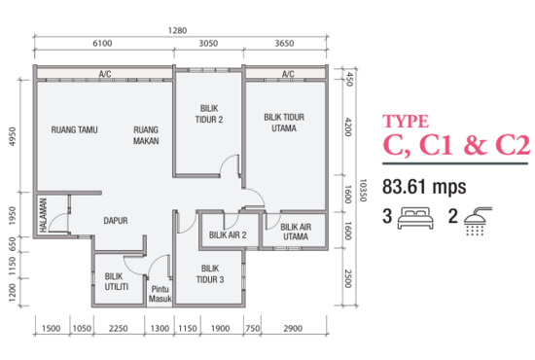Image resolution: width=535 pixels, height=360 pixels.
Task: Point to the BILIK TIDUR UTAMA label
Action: pos(285,122)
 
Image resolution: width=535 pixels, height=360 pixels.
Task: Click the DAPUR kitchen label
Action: pos(117,220)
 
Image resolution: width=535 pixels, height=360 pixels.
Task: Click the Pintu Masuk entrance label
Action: pos(160,294)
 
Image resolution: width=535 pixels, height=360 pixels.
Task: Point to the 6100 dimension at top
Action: pos(103,44)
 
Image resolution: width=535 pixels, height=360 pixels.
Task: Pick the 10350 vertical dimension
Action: pos(360,185)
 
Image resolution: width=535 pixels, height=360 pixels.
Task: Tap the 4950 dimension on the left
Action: pos(14,133)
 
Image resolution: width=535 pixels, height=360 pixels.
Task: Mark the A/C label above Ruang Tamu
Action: pos(104,74)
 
